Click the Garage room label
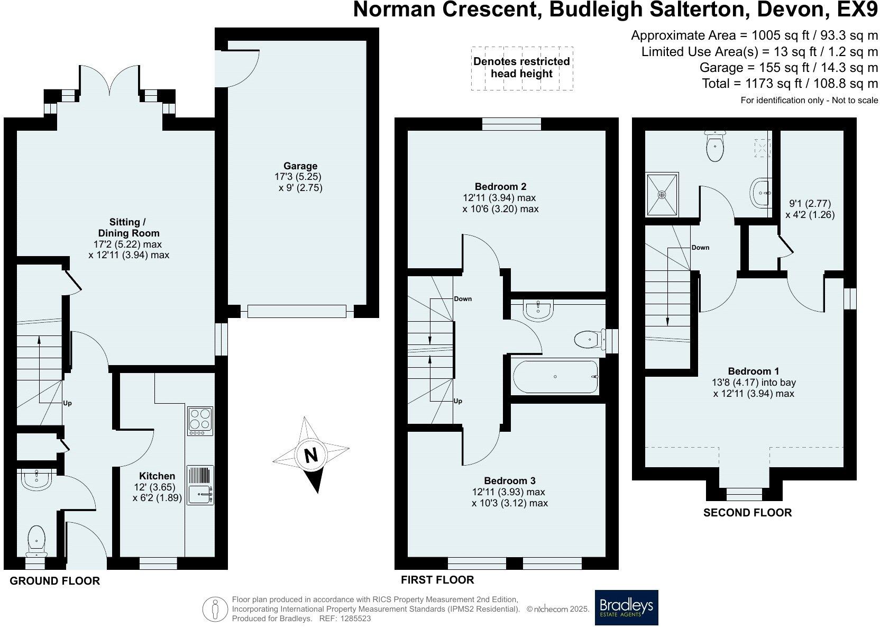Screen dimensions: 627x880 pyautogui.click(x=300, y=166)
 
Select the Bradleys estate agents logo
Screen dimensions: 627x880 pyautogui.click(x=627, y=607)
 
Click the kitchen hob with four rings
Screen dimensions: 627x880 pyautogui.click(x=200, y=421)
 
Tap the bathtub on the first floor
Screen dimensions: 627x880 pyautogui.click(x=555, y=377)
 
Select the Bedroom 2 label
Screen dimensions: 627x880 pyautogui.click(x=500, y=186)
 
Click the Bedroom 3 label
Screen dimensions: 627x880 pyautogui.click(x=510, y=480)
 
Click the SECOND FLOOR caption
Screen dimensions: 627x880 pyautogui.click(x=747, y=512)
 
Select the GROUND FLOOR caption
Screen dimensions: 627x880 pyautogui.click(x=55, y=580)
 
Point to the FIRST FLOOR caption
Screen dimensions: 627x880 pyautogui.click(x=437, y=579)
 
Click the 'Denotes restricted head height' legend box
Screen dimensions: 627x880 pyautogui.click(x=522, y=68)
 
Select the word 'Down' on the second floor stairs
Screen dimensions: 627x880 pyautogui.click(x=700, y=248)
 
